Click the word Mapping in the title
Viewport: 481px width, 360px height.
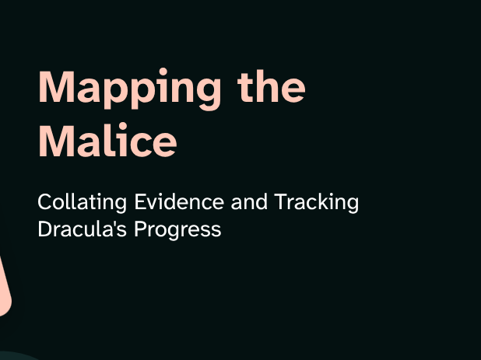(129, 89)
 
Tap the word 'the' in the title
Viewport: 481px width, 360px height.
(272, 86)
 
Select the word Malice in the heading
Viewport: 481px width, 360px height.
(107, 140)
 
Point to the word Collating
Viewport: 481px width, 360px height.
(82, 202)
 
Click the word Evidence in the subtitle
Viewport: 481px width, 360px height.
(179, 201)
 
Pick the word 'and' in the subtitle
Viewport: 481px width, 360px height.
(249, 202)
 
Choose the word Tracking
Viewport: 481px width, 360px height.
(316, 202)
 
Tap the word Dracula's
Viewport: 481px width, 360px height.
(82, 229)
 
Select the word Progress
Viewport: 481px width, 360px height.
(178, 230)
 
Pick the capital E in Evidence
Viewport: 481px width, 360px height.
(141, 201)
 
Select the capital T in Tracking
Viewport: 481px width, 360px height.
(281, 201)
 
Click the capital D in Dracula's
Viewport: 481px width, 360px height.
(46, 229)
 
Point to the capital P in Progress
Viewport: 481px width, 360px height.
(141, 229)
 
